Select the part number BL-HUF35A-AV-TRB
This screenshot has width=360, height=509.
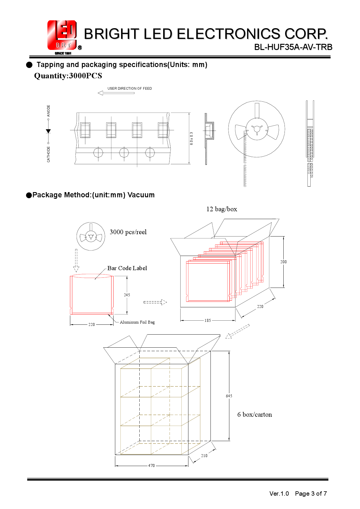(293, 47)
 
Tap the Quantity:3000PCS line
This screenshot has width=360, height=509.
(68, 76)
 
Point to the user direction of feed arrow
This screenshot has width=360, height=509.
(116, 93)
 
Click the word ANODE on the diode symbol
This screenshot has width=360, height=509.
(48, 111)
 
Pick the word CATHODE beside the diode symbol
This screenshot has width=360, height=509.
(48, 154)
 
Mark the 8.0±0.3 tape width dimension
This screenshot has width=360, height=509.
(191, 139)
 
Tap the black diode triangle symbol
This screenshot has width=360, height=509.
(48, 131)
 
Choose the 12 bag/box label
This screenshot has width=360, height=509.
(222, 209)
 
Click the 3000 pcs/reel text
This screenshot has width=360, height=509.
(128, 232)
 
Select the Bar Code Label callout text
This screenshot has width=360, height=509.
(127, 268)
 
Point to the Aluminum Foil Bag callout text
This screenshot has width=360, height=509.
(137, 322)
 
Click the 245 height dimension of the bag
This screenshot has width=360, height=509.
(127, 295)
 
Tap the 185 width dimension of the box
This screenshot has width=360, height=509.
(208, 320)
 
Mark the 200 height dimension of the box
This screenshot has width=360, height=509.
(283, 262)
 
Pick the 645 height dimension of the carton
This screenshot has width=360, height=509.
(229, 396)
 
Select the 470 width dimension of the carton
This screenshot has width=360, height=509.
(152, 465)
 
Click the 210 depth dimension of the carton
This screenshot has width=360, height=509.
(204, 456)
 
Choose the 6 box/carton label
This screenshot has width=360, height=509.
(255, 415)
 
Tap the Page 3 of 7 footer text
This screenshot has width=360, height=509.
(311, 494)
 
